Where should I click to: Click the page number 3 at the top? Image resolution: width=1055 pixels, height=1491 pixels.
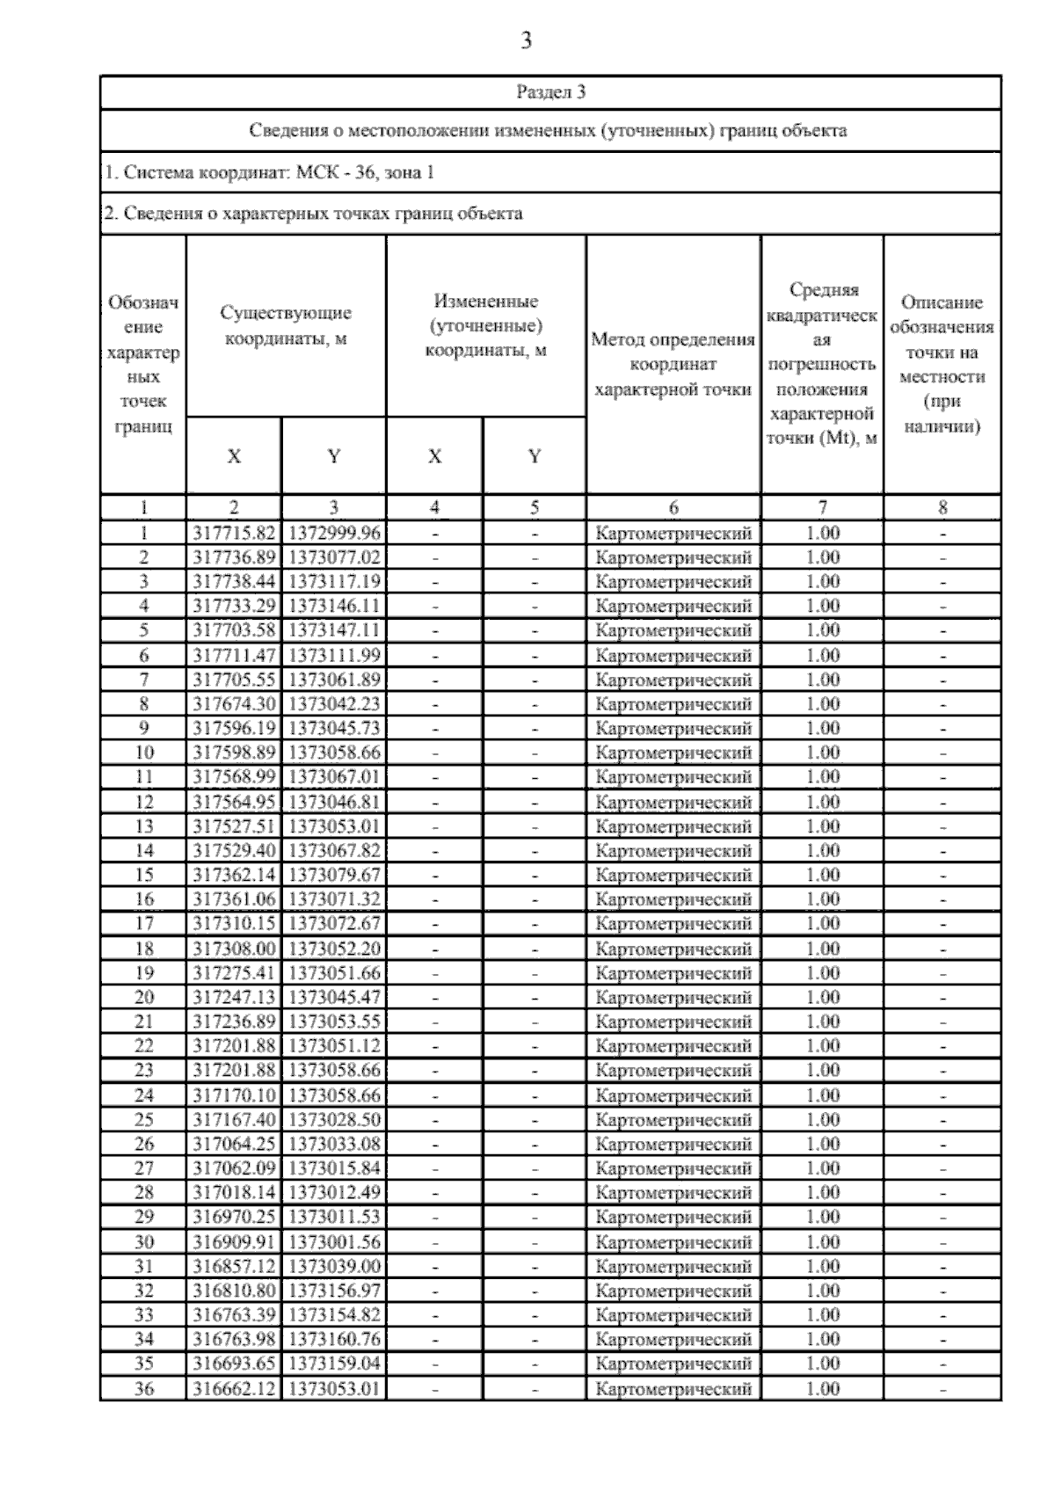(x=526, y=40)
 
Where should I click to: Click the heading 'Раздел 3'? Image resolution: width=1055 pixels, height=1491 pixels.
(x=550, y=91)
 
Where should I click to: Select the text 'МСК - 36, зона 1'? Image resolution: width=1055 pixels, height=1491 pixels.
(x=365, y=172)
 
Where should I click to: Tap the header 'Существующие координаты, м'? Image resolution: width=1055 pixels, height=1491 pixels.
(x=286, y=325)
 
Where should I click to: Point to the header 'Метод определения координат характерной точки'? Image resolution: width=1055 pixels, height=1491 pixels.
(x=673, y=364)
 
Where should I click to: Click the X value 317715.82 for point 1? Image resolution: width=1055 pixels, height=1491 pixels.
(x=234, y=533)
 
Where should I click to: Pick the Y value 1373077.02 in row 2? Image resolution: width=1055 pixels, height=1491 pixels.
(x=334, y=557)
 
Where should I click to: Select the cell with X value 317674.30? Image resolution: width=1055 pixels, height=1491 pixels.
(x=234, y=703)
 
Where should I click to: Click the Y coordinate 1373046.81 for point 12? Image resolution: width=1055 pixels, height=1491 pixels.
(x=334, y=802)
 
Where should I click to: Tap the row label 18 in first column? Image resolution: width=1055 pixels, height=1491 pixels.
(x=143, y=949)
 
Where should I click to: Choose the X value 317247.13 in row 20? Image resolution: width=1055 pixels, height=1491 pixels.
(x=234, y=997)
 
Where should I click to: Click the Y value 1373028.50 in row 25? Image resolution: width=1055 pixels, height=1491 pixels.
(x=334, y=1119)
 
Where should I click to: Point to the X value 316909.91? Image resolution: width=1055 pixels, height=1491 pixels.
(x=234, y=1241)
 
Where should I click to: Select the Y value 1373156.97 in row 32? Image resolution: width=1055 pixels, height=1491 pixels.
(x=334, y=1291)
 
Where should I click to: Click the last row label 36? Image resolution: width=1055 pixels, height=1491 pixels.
(x=143, y=1388)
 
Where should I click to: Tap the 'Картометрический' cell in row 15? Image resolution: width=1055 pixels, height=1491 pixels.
(x=673, y=875)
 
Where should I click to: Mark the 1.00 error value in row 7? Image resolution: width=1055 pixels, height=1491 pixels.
(x=822, y=680)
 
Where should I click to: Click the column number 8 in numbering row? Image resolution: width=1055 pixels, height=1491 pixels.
(x=942, y=507)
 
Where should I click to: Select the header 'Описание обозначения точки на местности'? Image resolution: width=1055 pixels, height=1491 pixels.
(x=942, y=364)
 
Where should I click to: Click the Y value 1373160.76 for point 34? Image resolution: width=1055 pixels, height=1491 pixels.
(x=334, y=1339)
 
